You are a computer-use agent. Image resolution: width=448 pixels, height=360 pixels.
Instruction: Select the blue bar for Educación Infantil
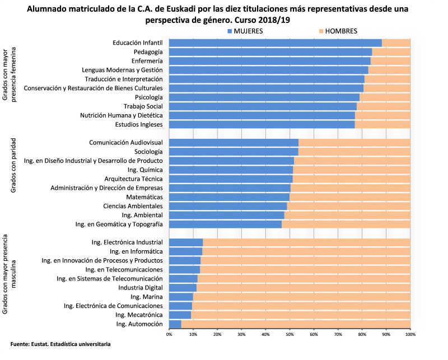[275, 43]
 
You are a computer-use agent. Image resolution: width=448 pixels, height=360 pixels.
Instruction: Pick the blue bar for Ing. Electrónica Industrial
[185, 242]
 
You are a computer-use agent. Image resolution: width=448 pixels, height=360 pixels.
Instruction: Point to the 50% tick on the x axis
[290, 334]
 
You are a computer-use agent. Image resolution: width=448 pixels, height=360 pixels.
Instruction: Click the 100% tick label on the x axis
[410, 334]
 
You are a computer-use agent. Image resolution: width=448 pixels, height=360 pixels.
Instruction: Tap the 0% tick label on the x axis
[169, 334]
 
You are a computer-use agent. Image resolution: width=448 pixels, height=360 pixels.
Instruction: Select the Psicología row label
[148, 97]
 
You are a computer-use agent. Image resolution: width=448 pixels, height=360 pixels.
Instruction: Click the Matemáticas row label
[144, 197]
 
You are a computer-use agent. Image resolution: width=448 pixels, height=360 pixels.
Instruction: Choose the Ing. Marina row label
[146, 297]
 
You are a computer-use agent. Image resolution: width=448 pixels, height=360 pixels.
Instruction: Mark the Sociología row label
[148, 152]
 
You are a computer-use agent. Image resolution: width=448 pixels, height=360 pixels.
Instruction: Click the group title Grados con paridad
[13, 165]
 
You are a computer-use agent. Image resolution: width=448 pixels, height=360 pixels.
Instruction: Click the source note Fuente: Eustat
[60, 343]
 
